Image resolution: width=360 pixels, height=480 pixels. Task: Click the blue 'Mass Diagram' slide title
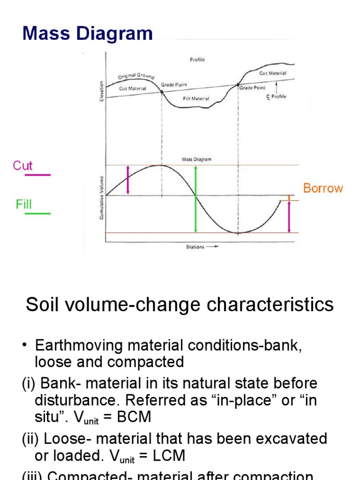click(x=88, y=34)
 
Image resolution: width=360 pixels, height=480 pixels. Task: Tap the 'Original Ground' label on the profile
click(x=136, y=76)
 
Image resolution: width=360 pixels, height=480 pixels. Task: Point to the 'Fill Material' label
click(x=196, y=99)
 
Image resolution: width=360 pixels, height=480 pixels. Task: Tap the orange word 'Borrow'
click(x=323, y=188)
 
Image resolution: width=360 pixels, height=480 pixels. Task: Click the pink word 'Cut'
click(x=22, y=165)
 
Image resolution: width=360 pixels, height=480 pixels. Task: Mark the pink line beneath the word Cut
click(x=37, y=175)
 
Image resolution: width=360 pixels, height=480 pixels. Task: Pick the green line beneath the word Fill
click(x=37, y=214)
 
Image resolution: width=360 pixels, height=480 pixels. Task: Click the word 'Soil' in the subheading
click(x=41, y=305)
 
